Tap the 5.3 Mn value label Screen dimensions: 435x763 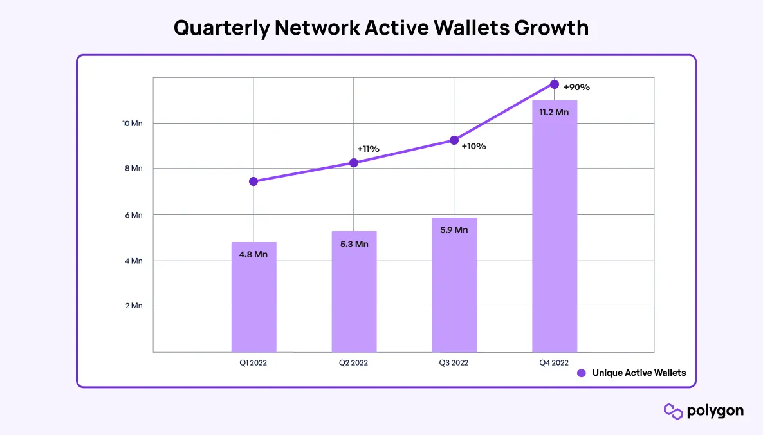tap(354, 244)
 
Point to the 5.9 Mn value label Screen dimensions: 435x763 tap(454, 230)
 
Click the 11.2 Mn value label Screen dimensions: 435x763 tap(554, 112)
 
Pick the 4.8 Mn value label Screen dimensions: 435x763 tap(253, 254)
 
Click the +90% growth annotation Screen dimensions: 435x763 tap(576, 87)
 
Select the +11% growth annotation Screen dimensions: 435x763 tap(368, 149)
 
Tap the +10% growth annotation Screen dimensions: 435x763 tap(473, 146)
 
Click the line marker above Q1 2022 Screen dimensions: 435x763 tap(253, 181)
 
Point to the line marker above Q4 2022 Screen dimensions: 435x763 tap(554, 84)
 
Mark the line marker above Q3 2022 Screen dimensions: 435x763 tap(454, 140)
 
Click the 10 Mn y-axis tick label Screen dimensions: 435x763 tap(132, 123)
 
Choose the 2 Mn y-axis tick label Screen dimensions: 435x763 tap(133, 306)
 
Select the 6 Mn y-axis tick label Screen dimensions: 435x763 tap(133, 215)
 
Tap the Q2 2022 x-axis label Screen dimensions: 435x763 tap(354, 363)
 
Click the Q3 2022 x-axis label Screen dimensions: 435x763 tap(454, 363)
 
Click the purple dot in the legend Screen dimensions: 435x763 tap(582, 373)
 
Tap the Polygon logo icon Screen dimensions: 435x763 tap(673, 411)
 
